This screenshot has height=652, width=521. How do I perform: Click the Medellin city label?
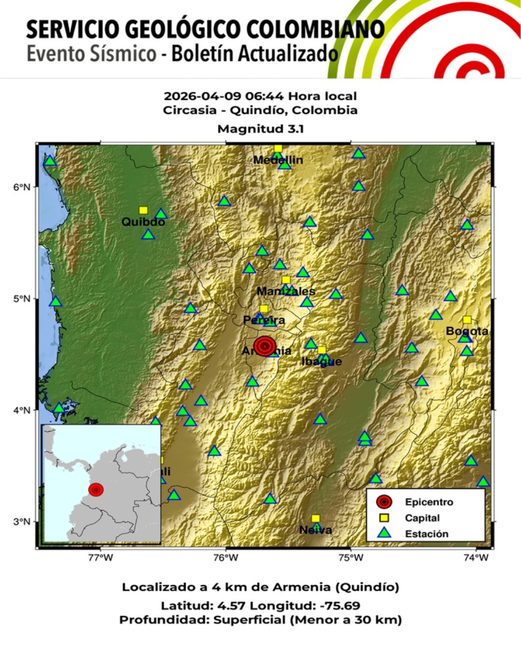point(278,160)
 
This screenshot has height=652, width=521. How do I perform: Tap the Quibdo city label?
point(143,222)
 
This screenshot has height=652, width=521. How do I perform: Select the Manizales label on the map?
point(286,291)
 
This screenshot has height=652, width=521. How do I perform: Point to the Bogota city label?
point(467,331)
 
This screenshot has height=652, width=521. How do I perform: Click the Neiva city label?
point(315,530)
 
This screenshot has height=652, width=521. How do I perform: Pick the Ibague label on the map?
point(321,361)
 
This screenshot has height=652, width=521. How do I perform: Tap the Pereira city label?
point(264,320)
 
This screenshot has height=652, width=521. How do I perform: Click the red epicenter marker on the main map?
point(265,346)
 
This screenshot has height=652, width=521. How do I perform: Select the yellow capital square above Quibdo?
point(143,210)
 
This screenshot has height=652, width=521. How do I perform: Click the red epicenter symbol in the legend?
point(384,502)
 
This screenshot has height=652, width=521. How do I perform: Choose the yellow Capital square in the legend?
point(384,518)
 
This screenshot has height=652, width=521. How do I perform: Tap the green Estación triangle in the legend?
point(384,533)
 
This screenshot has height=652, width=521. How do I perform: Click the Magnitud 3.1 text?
point(260,129)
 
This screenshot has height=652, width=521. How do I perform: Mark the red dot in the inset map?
point(96,490)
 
